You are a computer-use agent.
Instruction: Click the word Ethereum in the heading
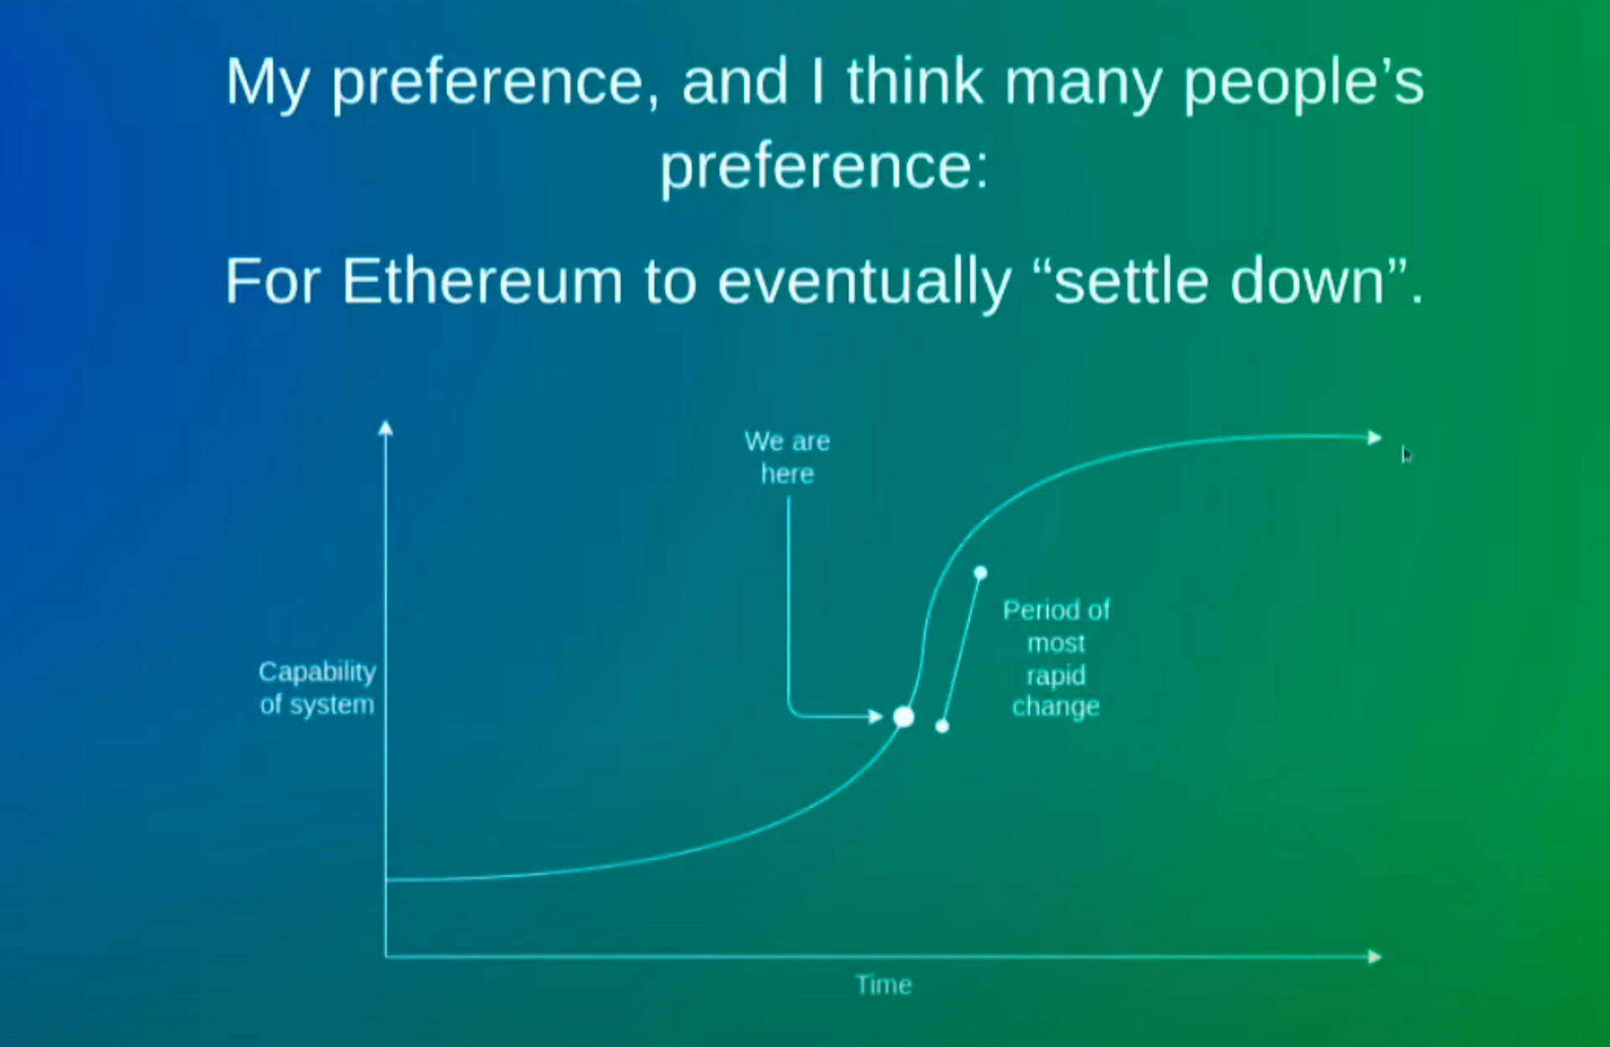click(482, 282)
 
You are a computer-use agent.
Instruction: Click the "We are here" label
click(787, 457)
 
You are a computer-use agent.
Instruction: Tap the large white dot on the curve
click(903, 717)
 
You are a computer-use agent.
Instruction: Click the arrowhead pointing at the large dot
click(875, 716)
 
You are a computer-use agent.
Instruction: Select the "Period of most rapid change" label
click(1056, 659)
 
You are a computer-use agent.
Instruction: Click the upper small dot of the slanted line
click(980, 573)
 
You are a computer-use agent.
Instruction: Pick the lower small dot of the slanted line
click(943, 727)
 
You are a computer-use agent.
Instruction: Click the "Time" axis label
click(883, 985)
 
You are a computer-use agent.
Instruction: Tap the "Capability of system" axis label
click(317, 688)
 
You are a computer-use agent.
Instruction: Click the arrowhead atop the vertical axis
click(386, 428)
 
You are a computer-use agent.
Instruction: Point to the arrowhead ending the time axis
click(1374, 956)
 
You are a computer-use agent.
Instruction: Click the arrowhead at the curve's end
click(1374, 437)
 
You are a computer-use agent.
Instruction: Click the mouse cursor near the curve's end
click(1406, 455)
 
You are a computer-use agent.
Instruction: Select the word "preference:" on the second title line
click(824, 166)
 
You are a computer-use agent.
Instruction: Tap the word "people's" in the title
click(1303, 84)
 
